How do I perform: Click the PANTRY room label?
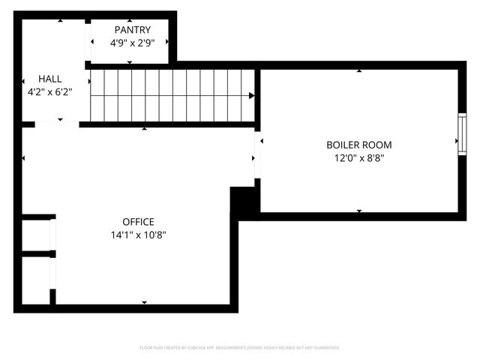[127, 29]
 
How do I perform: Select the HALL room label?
[50, 78]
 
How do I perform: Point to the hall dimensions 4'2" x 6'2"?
[50, 91]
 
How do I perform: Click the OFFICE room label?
[138, 222]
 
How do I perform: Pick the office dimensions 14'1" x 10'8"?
[138, 235]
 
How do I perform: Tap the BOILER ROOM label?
[358, 145]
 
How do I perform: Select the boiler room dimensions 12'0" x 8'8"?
[358, 157]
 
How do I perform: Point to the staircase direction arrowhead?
[251, 95]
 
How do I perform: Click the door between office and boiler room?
[257, 157]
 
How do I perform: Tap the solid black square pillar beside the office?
[244, 202]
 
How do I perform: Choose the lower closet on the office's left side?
[36, 280]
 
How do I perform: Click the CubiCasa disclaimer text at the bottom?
[240, 348]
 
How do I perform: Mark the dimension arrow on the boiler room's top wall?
[359, 71]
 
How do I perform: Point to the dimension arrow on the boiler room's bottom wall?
[359, 211]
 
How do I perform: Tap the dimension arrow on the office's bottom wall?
[144, 302]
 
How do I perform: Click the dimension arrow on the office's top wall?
[144, 130]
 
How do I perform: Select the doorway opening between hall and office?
[57, 124]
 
